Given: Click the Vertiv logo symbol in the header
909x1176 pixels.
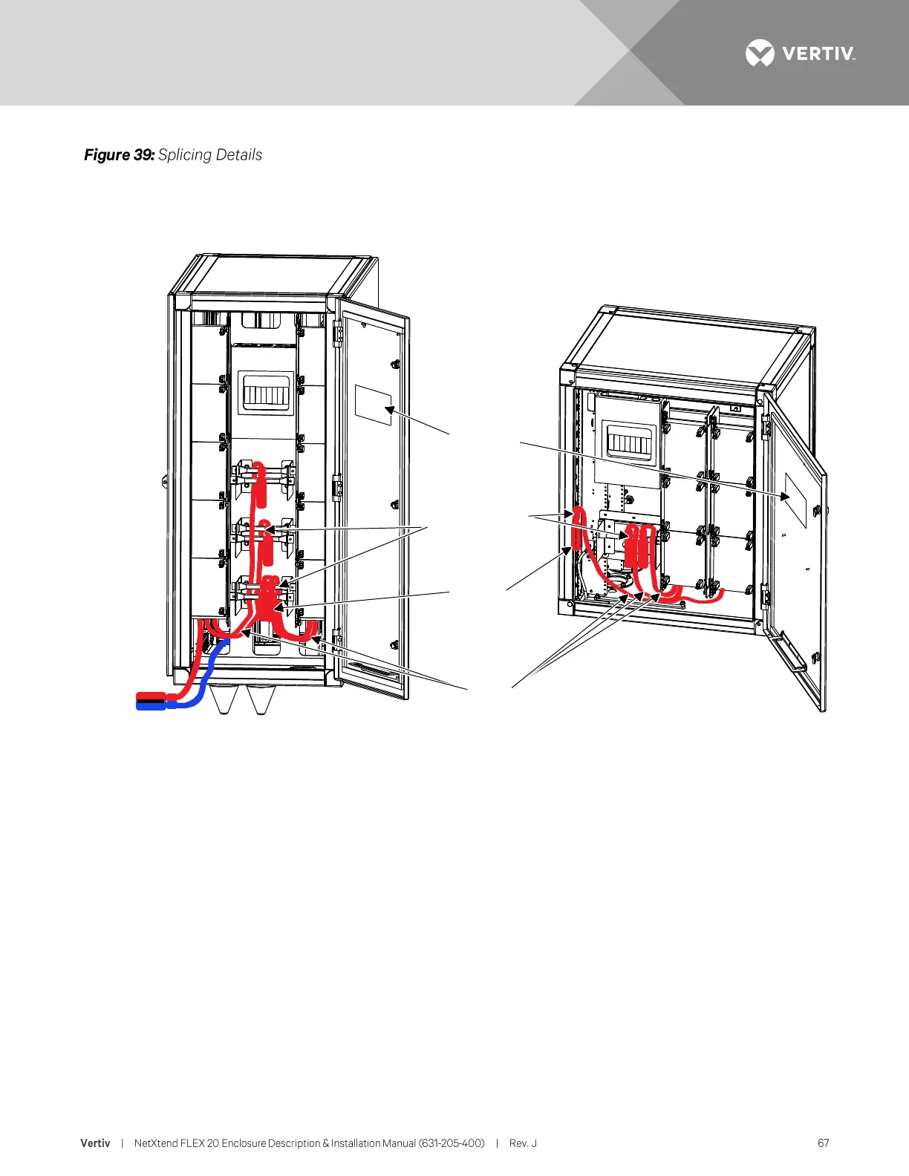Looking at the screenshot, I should [x=760, y=53].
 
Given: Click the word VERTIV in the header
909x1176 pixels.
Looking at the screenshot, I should [x=818, y=54].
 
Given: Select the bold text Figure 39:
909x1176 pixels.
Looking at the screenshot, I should [x=119, y=154].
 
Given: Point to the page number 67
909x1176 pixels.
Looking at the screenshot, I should [x=823, y=1143].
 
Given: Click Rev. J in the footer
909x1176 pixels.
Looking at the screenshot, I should [x=523, y=1143].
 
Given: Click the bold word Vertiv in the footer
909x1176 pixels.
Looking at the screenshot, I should [x=95, y=1143].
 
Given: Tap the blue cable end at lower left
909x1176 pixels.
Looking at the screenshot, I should [x=151, y=705].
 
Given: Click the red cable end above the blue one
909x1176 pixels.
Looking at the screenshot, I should [x=151, y=696].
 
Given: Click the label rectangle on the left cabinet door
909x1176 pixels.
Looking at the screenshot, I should [x=373, y=405].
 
